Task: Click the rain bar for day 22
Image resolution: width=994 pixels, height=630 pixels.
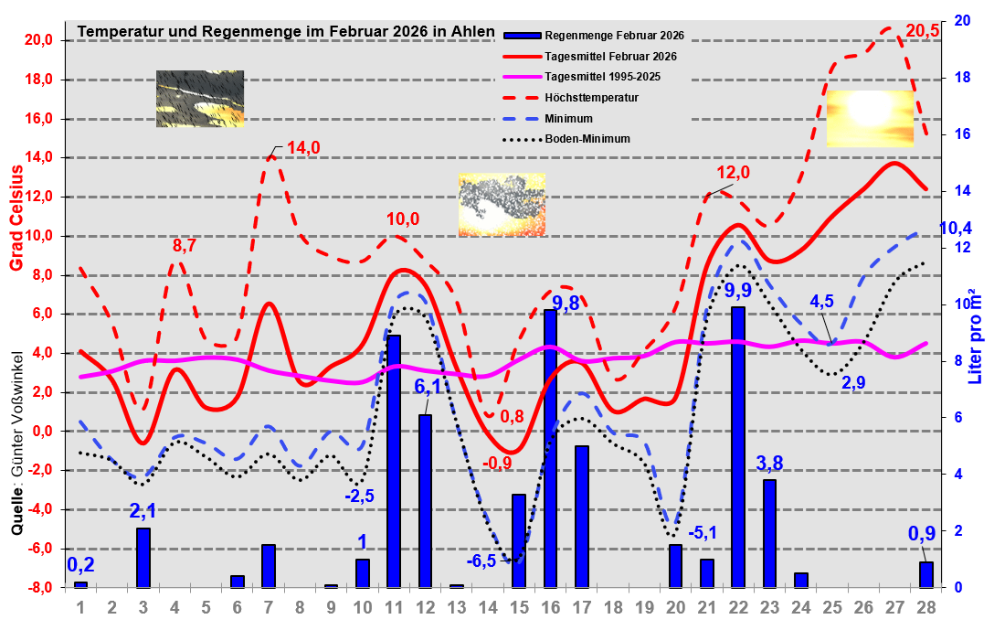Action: pos(738,447)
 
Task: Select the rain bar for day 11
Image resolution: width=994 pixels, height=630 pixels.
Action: pos(394,461)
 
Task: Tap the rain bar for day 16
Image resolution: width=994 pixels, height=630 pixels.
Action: pos(550,448)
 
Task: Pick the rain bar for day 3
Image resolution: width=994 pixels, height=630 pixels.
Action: pos(143,558)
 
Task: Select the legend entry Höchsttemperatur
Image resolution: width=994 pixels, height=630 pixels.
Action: pos(590,97)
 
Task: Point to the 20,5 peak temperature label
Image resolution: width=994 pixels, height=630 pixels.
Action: pos(922,30)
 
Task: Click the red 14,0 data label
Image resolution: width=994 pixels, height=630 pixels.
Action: pos(303,148)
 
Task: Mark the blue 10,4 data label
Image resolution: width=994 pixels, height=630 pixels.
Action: pos(956,228)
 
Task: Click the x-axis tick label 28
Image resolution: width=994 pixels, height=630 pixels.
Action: pos(926,607)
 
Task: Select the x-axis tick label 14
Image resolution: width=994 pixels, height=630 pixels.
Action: pos(487,607)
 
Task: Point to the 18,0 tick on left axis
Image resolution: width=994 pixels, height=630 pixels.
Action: pos(41,80)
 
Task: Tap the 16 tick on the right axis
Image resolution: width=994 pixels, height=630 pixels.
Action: pos(962,133)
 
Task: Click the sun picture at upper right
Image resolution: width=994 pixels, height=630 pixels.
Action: pos(870,118)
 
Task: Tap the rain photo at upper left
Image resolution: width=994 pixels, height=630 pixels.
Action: pos(200,99)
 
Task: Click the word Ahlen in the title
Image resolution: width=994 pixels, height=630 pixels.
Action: pos(474,31)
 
